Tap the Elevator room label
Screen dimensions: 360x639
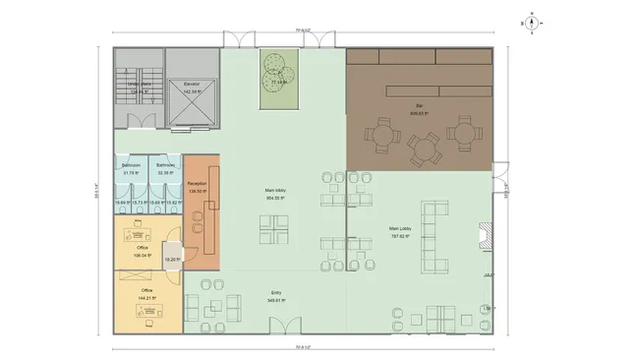[x=192, y=85]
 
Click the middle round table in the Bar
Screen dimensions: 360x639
[x=423, y=149]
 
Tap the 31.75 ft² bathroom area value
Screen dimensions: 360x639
[x=132, y=172]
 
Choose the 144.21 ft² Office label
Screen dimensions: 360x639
[x=146, y=294]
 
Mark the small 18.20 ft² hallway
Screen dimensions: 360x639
[x=171, y=259]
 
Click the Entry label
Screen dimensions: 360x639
[x=276, y=293]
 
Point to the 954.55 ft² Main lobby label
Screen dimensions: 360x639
[x=275, y=195]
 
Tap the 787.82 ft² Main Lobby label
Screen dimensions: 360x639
[x=400, y=232]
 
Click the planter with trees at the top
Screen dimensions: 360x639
[x=277, y=78]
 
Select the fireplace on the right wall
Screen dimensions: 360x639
[x=483, y=236]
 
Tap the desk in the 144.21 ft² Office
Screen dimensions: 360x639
[x=148, y=313]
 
